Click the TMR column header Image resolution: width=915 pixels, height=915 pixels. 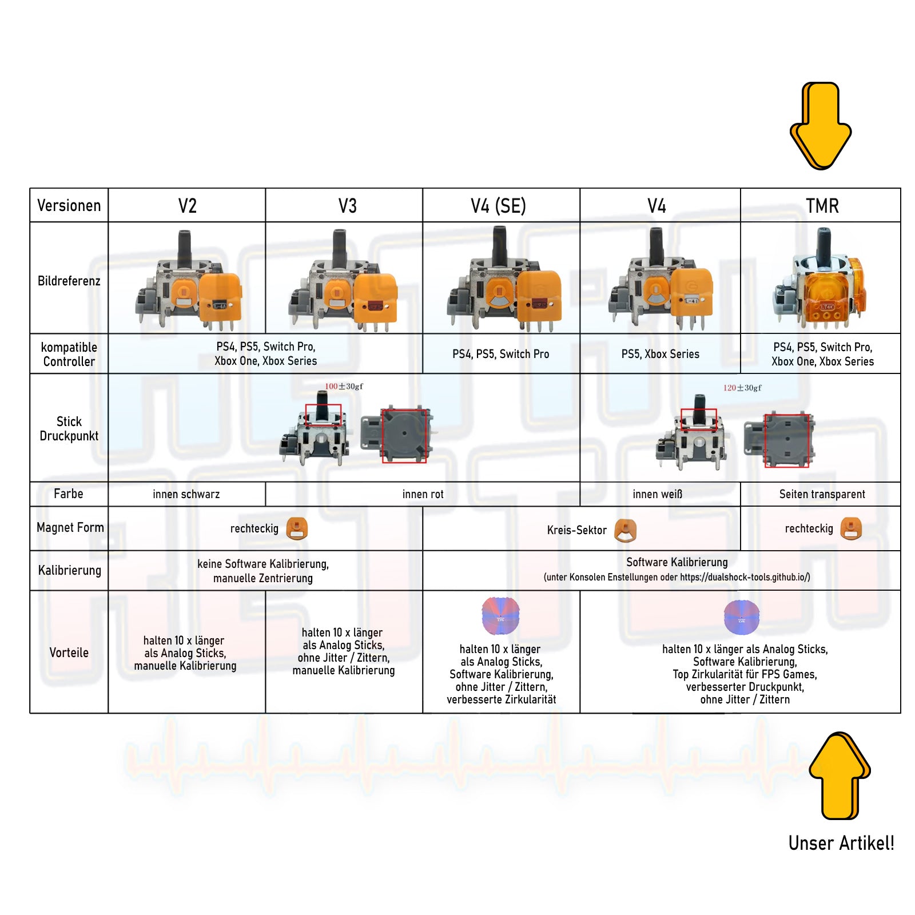tap(822, 206)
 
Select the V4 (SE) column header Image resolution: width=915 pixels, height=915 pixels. tap(498, 206)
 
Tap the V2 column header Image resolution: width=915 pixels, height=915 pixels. tap(187, 206)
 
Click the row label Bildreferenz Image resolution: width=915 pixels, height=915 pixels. tap(69, 281)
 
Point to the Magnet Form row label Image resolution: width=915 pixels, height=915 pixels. tap(70, 527)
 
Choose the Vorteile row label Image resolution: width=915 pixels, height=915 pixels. tap(69, 653)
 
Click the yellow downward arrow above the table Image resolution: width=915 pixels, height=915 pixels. tap(821, 126)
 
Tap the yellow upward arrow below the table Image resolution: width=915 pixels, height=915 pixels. tap(840, 775)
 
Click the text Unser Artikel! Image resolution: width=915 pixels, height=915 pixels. tap(841, 843)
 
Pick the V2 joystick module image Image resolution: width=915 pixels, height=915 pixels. tap(189, 280)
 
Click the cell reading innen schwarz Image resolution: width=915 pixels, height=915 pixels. tap(186, 494)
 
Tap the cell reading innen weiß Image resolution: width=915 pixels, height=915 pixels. tap(657, 494)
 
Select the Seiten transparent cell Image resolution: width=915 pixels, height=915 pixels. tap(822, 494)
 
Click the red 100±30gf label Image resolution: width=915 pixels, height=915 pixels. tap(344, 387)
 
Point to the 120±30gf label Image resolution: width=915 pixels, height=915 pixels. tap(742, 388)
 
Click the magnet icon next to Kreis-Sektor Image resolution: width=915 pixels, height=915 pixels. tap(625, 530)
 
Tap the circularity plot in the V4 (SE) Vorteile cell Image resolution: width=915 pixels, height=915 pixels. tap(500, 616)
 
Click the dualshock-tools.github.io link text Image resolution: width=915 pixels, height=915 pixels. tap(745, 577)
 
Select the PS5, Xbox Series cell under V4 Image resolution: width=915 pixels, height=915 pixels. tap(660, 354)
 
